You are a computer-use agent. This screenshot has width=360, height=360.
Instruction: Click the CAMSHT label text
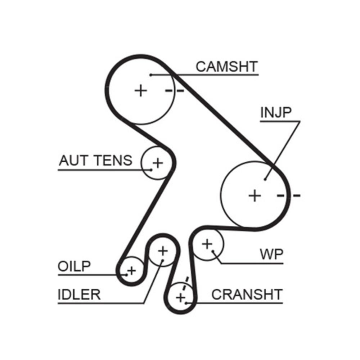[227, 66]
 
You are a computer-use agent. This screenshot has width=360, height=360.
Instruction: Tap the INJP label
[275, 112]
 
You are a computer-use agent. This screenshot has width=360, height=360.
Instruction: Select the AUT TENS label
[96, 160]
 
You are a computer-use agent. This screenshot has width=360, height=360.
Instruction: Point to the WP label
[271, 255]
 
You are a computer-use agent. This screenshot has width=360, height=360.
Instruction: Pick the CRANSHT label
[247, 294]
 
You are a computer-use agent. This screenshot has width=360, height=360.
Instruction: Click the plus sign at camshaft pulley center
[141, 90]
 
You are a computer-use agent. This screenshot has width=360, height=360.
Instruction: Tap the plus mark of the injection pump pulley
[255, 195]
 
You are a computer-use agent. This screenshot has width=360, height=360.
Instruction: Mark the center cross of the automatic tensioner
[157, 163]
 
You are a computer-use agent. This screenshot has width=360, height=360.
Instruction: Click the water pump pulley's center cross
[207, 244]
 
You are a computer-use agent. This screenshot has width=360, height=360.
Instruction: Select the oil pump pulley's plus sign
[132, 270]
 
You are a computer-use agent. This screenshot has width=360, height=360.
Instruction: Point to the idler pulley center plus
[163, 250]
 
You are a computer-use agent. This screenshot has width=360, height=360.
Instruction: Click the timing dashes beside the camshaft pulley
[175, 90]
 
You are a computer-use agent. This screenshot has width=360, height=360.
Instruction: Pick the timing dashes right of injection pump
[288, 195]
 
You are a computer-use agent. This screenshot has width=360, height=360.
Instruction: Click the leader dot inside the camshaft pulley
[151, 75]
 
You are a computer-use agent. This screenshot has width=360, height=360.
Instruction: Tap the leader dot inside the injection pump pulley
[265, 179]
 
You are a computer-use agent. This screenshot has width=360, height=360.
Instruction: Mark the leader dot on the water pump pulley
[213, 251]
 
